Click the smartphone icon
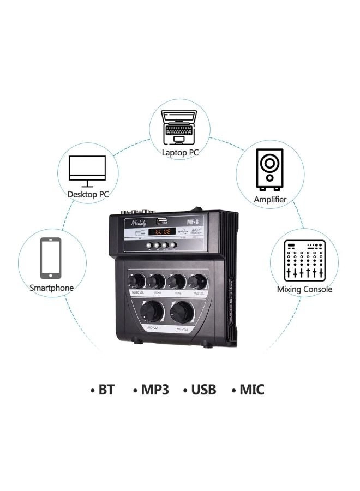(x=51, y=258)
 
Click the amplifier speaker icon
(x=269, y=169)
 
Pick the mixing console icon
(x=304, y=260)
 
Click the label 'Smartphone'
(x=51, y=288)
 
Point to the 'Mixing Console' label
(x=304, y=289)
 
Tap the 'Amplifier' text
(x=270, y=200)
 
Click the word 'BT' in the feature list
(x=106, y=390)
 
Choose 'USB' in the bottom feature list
(x=203, y=390)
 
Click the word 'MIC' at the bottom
(x=251, y=390)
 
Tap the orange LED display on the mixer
(x=162, y=232)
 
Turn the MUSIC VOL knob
(x=136, y=281)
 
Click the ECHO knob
(x=157, y=282)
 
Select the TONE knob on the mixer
(x=176, y=282)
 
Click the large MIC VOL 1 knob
(x=151, y=312)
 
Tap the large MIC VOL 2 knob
(x=182, y=312)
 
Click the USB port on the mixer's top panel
(x=162, y=221)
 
